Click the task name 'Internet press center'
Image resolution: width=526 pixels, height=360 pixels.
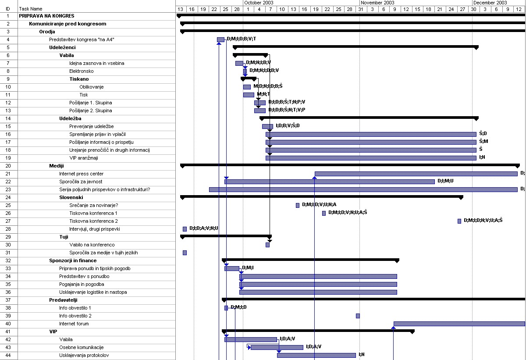point(81,174)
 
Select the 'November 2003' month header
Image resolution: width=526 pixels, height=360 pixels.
point(377,3)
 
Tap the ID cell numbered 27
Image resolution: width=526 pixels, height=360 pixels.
point(8,221)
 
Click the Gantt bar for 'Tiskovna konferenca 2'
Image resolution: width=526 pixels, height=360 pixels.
point(459,221)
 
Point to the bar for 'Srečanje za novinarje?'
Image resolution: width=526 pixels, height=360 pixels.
point(298,205)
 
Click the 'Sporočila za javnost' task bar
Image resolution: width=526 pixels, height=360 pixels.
point(330,182)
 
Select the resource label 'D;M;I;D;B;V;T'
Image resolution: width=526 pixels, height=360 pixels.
point(242,39)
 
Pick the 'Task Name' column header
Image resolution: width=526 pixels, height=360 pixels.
point(31,9)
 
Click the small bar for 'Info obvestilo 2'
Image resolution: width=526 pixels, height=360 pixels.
point(358,316)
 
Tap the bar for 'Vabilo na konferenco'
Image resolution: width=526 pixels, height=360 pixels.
point(267,245)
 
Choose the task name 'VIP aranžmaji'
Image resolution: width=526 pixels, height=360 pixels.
point(84,158)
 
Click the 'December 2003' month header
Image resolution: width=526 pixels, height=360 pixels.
point(490,3)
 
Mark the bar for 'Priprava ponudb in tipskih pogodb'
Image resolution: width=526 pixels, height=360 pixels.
point(232,268)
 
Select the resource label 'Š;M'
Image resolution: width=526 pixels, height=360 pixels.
point(483,141)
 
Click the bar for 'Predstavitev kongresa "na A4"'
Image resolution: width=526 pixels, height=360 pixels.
point(220,39)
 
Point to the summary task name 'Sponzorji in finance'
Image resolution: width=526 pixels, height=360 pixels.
point(73,260)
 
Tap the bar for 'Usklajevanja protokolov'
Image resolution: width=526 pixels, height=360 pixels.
point(316,355)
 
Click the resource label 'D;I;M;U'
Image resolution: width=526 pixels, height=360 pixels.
point(445,181)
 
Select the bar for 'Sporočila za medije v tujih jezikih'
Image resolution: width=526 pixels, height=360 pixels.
point(185,253)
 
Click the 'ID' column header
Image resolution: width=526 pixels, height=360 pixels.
point(8,9)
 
